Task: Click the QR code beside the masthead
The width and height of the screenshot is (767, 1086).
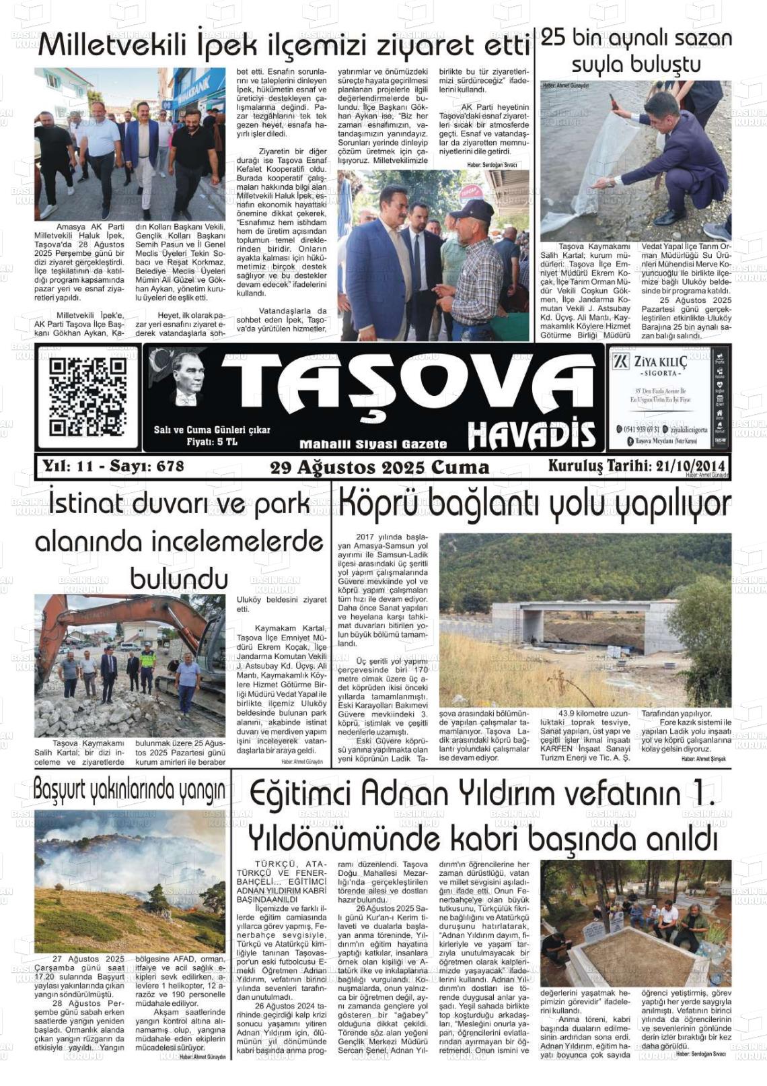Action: point(87,397)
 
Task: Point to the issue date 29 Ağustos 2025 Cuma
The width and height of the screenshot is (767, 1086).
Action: point(379,467)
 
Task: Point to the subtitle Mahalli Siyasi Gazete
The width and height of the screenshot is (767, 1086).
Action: point(373,444)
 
